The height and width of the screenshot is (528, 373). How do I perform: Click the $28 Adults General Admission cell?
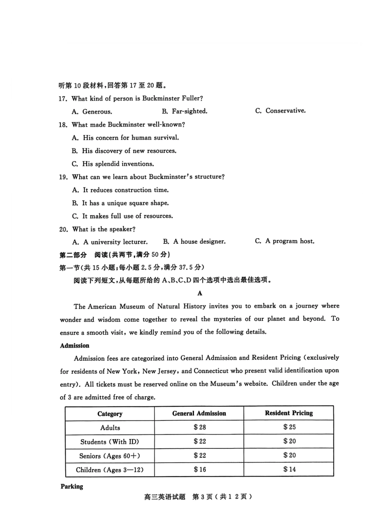coord(199,427)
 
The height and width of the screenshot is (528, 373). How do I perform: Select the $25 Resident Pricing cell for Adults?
coord(289,427)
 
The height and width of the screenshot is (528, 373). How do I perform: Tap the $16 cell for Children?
coord(199,470)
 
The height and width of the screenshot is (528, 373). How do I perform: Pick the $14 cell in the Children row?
coord(289,469)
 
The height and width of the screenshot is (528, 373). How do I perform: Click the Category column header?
coord(110,414)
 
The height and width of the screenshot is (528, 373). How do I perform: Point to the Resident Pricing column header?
coord(289,413)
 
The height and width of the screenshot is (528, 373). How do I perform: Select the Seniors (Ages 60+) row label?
coord(110,456)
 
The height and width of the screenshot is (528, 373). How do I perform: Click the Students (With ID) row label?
coord(110,442)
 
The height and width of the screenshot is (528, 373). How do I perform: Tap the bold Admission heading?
coord(75,345)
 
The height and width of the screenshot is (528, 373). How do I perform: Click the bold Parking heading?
coord(72,486)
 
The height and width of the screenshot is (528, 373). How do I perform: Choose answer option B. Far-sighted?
coord(185,111)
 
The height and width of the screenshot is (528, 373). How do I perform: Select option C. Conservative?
coord(280,111)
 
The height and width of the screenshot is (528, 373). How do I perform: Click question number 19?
coord(63,177)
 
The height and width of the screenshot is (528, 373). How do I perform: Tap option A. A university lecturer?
coord(110,242)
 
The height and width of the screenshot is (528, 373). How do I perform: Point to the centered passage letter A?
coord(200,293)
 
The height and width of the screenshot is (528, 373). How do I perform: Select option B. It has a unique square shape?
coord(120,203)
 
